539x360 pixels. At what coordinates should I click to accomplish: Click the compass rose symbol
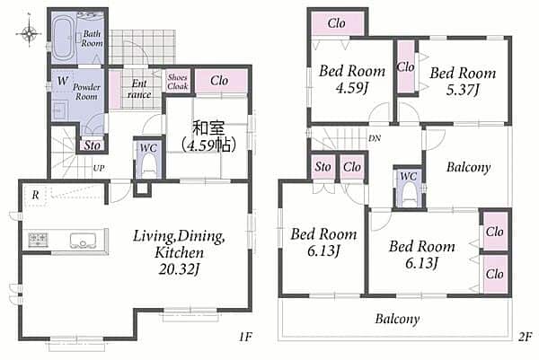[30, 33]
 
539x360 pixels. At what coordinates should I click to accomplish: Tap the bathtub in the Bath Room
[63, 39]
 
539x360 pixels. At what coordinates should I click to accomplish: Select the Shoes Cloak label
[177, 82]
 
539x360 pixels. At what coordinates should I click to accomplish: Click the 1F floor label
[245, 337]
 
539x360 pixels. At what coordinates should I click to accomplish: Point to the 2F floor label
[526, 337]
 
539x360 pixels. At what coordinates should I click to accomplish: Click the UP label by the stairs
[99, 168]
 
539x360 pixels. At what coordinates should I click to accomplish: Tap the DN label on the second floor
[375, 138]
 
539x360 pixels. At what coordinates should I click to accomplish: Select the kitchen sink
[83, 241]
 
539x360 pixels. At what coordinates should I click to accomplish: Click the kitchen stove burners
[38, 240]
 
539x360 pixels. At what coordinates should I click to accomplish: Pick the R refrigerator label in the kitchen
[35, 196]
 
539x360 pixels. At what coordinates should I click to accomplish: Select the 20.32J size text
[179, 269]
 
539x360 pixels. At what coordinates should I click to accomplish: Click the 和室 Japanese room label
[208, 127]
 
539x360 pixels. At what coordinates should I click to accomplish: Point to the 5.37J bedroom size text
[463, 90]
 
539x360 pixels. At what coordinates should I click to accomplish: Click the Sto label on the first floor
[93, 145]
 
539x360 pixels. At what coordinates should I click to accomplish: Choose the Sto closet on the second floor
[323, 167]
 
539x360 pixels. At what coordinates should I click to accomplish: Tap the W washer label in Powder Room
[63, 81]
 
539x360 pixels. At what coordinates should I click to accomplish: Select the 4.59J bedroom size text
[351, 88]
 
